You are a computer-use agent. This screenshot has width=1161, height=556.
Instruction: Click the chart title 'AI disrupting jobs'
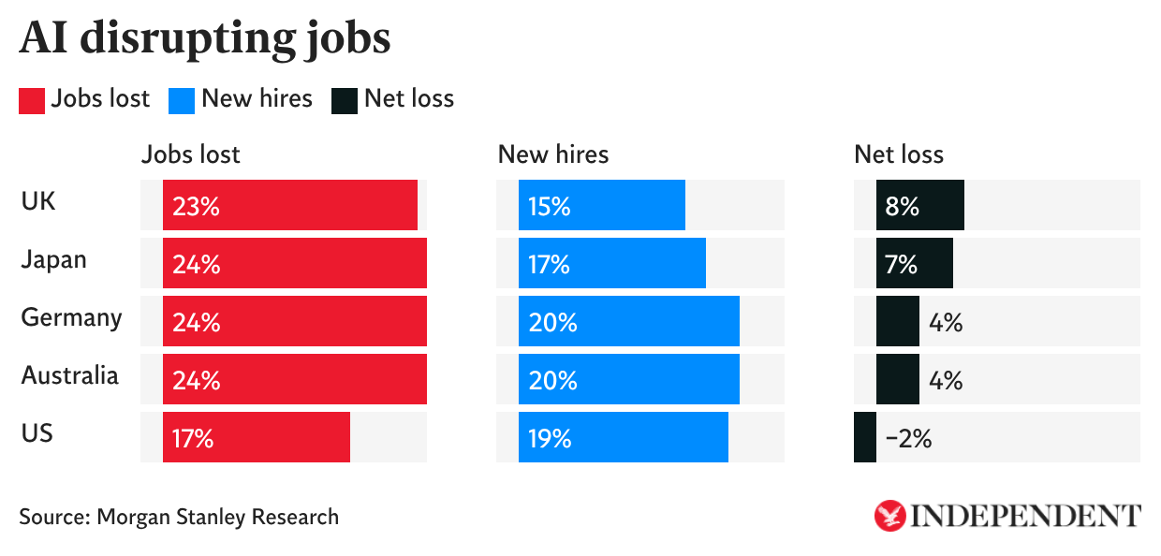pos(204,39)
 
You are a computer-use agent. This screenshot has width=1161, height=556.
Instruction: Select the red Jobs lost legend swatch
pos(32,100)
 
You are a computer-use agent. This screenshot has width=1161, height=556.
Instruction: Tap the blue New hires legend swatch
pos(182,100)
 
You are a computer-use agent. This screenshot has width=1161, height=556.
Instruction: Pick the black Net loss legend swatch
pos(344,100)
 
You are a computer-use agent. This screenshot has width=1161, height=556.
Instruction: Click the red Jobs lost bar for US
pos(257,437)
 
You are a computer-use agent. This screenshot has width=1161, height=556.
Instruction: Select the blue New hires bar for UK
pos(602,205)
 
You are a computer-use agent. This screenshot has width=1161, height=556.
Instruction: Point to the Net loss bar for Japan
pos(915,263)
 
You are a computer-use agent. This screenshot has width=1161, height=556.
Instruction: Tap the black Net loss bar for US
pos(865,437)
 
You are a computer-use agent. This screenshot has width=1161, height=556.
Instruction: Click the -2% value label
pos(908,438)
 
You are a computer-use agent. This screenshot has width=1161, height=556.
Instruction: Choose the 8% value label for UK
pos(902,206)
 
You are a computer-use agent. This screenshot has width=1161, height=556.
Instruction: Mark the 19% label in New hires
pos(550,438)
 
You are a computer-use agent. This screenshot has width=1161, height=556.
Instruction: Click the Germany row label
pos(71,318)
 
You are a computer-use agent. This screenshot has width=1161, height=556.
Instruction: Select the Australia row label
pos(70,376)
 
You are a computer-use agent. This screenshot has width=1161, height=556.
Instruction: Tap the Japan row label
pos(53,259)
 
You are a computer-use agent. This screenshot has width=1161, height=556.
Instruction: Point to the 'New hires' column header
pos(552,154)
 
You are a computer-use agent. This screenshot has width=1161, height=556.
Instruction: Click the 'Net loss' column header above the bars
pos(899,154)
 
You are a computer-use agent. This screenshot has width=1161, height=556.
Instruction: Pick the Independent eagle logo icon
pos(889,516)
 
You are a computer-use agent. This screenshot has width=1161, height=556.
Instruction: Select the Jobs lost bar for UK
pos(290,205)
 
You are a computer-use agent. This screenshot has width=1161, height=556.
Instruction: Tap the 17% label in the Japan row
pos(550,264)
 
